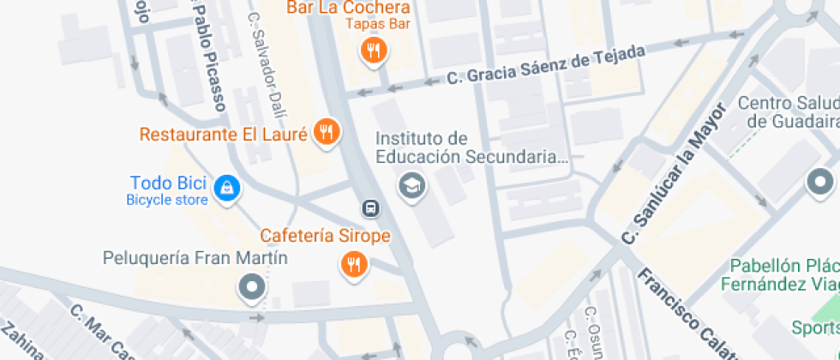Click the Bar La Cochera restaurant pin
tap(374, 51)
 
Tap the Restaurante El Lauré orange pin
tap(327, 132)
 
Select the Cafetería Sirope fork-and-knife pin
tap(354, 264)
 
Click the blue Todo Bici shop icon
tap(226, 188)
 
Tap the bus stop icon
tap(370, 207)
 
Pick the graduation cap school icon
tap(412, 184)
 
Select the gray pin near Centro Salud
tap(820, 182)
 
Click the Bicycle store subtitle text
tap(167, 201)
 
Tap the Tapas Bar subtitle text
tap(378, 23)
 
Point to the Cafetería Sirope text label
tap(326, 236)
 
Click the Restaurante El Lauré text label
tap(223, 135)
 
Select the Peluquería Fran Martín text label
tap(195, 257)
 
